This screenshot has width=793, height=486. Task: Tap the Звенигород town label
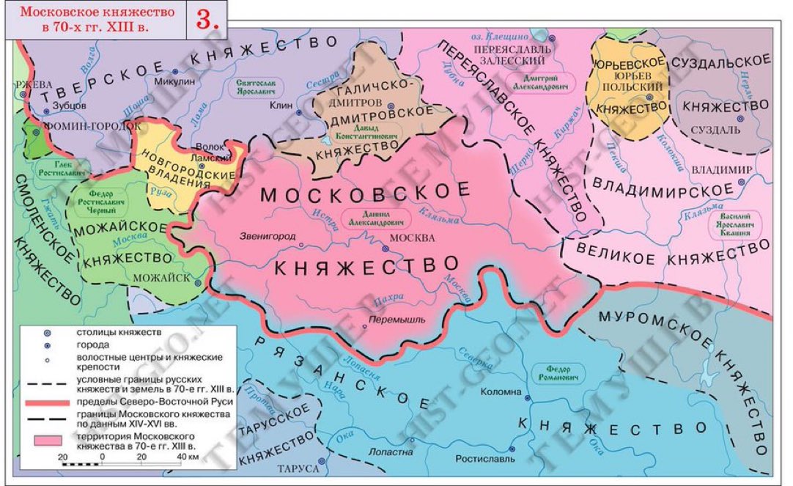(x=268, y=238)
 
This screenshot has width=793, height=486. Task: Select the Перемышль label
(x=393, y=320)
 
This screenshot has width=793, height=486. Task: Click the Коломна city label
(x=501, y=392)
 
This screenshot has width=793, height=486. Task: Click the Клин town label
(x=281, y=105)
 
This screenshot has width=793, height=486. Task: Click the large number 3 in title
(x=207, y=20)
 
